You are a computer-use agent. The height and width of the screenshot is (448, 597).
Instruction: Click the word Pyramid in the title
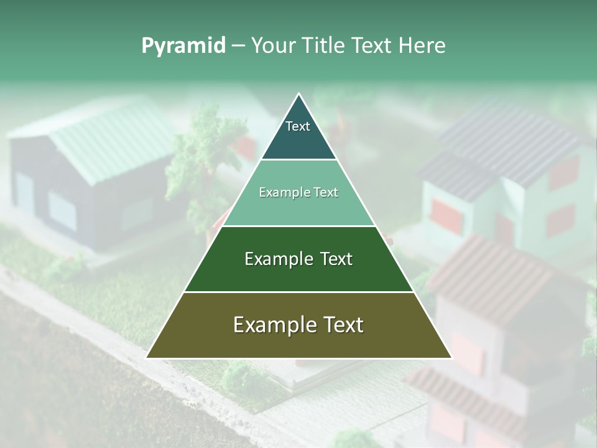coord(183,46)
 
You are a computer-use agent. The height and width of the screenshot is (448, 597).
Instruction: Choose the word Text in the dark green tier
coord(336,259)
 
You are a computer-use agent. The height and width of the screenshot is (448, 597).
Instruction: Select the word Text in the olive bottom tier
coord(343,325)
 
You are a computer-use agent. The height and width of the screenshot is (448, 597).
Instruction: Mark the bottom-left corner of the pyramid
coord(147,357)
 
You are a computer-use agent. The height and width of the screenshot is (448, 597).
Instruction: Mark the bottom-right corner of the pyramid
coord(451,357)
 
